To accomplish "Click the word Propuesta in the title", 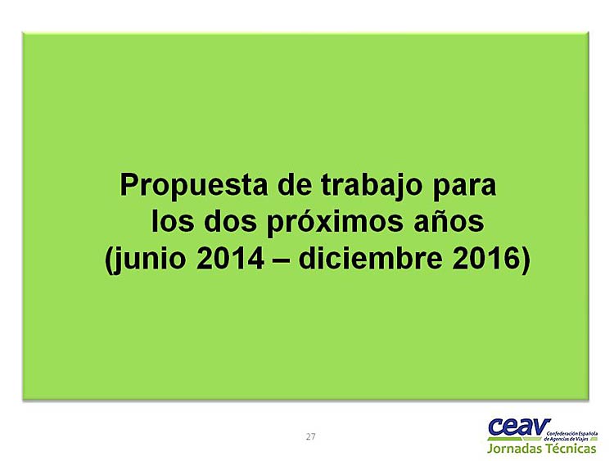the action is click(x=194, y=186).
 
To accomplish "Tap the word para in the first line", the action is click(x=464, y=188).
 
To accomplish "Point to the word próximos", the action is click(x=335, y=223).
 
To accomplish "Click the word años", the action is click(x=449, y=221).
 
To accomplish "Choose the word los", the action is click(x=173, y=220).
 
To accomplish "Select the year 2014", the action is click(x=230, y=259).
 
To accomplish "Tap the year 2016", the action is click(x=486, y=259).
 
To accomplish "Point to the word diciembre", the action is click(x=370, y=258).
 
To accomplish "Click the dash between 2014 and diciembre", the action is click(x=281, y=260).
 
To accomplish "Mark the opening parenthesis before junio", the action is click(x=108, y=260).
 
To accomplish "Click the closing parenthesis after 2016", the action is click(x=526, y=260).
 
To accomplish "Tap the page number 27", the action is click(x=310, y=436).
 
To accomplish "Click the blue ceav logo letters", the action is click(x=519, y=427).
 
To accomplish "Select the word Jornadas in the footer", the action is click(x=514, y=449).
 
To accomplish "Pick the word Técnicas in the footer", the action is click(x=571, y=448).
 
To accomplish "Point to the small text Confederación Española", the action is click(x=572, y=434).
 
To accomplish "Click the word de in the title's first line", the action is click(x=295, y=186).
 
